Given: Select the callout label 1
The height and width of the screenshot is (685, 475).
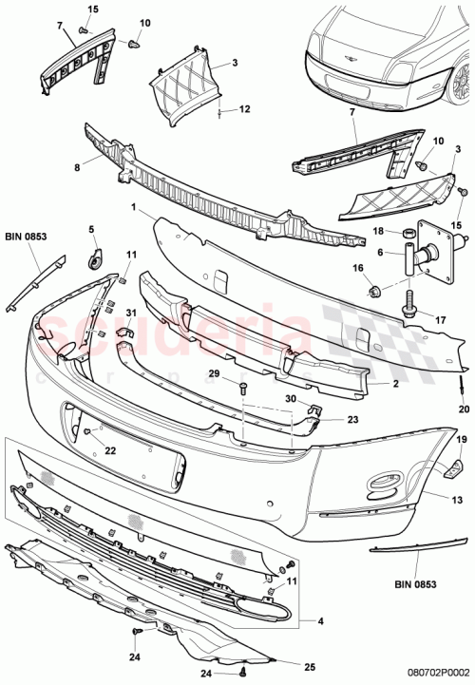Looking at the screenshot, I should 134,207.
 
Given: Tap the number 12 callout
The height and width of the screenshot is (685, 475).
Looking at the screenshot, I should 244,109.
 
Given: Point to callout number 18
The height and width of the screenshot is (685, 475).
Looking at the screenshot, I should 376,232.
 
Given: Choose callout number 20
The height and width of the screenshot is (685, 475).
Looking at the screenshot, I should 465,409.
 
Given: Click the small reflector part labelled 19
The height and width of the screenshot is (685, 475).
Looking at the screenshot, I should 454,466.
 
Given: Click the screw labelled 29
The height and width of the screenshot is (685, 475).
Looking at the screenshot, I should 243,384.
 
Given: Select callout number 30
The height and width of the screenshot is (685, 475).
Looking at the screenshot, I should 292,398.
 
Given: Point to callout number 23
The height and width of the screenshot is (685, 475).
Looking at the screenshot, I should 326,417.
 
